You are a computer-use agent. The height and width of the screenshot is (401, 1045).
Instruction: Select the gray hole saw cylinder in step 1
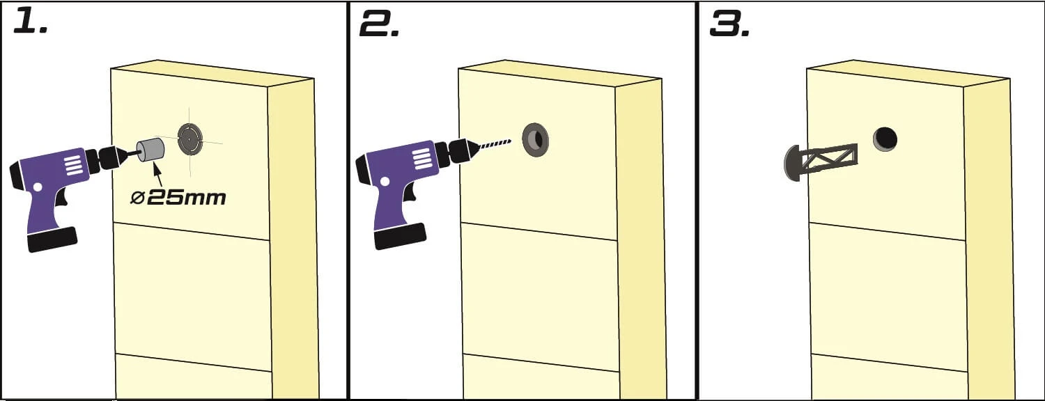click(150, 150)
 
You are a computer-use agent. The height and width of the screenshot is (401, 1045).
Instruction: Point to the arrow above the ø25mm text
click(157, 174)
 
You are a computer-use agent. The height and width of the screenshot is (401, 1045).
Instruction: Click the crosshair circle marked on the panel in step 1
click(190, 139)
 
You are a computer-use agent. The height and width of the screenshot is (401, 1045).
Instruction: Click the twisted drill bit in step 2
click(495, 145)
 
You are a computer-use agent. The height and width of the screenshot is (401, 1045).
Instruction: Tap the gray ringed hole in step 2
click(535, 139)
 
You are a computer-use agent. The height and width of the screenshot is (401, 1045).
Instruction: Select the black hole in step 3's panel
click(885, 139)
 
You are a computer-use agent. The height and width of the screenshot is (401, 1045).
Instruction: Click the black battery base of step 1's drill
click(52, 239)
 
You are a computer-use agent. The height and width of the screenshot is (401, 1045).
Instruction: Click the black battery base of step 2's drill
click(401, 236)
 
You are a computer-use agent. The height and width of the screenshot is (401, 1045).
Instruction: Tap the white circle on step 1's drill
click(38, 187)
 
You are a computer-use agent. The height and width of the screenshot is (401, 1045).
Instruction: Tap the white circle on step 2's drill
click(386, 182)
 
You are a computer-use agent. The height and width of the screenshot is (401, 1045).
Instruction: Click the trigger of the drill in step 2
click(410, 192)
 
